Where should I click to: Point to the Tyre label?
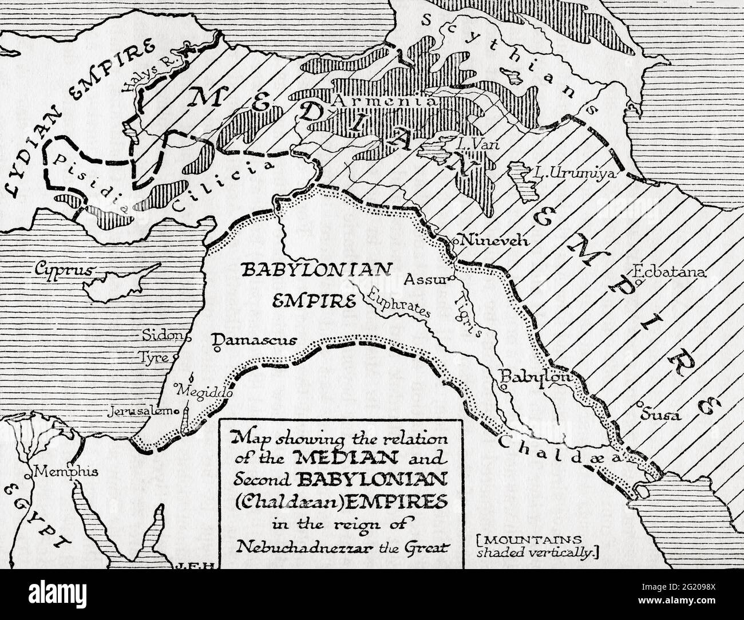tap(155, 358)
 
